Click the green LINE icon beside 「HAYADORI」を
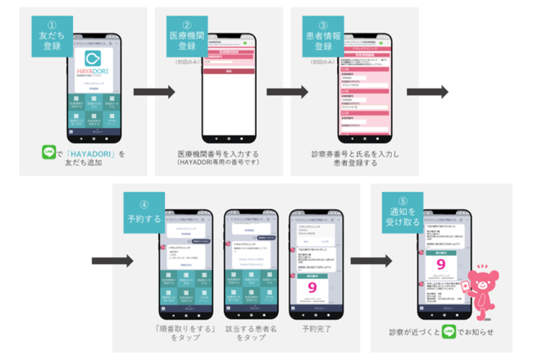click(x=48, y=153)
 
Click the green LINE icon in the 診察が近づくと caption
click(x=449, y=333)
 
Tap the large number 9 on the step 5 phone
click(x=441, y=265)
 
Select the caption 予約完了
click(x=317, y=328)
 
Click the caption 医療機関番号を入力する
click(x=216, y=153)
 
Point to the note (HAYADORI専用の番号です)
click(x=216, y=162)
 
